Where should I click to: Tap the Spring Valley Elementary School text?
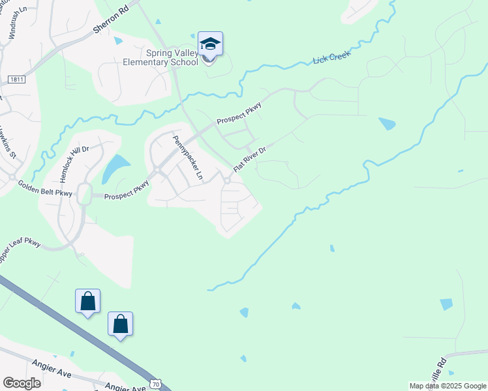click(x=160, y=58)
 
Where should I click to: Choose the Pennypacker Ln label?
click(x=189, y=157)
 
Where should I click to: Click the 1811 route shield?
click(x=17, y=80)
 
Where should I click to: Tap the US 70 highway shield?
click(x=155, y=384)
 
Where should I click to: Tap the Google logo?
click(x=22, y=383)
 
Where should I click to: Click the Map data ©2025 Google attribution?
click(x=448, y=386)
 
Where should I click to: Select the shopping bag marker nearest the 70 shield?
click(x=121, y=324)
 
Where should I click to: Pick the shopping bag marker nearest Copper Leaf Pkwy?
click(x=88, y=301)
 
